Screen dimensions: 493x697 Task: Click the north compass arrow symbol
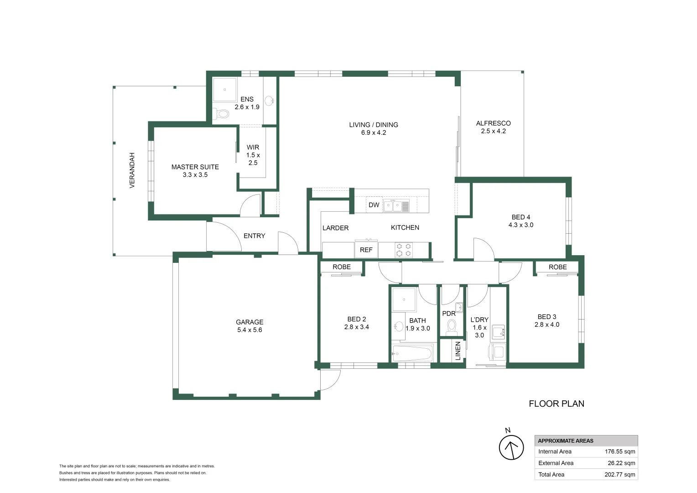tap(511, 447)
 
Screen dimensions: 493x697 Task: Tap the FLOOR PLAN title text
tap(556, 404)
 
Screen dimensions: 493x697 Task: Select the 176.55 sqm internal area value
tap(619, 451)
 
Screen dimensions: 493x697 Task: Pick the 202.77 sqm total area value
tap(619, 474)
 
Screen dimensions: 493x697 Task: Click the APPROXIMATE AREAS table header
tap(566, 441)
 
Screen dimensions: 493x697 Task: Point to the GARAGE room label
tap(250, 322)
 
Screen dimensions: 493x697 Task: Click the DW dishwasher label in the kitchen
tap(374, 205)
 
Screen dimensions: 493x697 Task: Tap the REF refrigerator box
tap(366, 250)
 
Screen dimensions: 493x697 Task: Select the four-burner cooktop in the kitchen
tap(403, 250)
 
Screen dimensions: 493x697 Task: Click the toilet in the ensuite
tap(222, 113)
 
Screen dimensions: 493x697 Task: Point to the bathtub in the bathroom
tap(412, 353)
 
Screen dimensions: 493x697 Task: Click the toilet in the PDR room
tap(452, 327)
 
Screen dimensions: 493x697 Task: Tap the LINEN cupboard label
tap(458, 351)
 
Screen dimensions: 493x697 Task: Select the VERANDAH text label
tap(132, 170)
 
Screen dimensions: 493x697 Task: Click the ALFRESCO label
tap(493, 123)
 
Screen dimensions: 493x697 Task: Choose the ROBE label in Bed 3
tap(557, 267)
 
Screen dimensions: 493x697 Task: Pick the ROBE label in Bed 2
tap(341, 267)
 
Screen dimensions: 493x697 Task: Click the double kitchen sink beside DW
tap(392, 206)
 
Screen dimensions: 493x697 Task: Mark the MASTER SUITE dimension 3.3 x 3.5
tap(195, 175)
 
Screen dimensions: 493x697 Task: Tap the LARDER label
tap(335, 228)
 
